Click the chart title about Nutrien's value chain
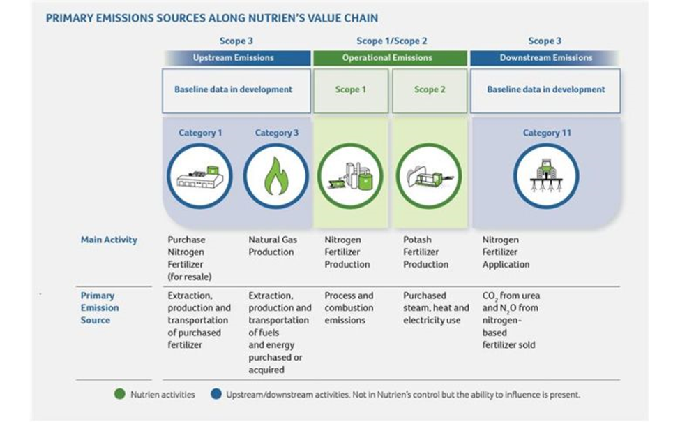coord(212,17)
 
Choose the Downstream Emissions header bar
coord(545,58)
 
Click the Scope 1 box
coord(350,90)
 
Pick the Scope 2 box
coord(429,90)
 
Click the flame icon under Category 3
coord(275,176)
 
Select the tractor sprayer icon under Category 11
coord(546,176)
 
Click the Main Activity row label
coord(109,240)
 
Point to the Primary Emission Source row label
coord(100,307)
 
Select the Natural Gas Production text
coord(273,246)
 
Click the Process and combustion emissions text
coord(349,307)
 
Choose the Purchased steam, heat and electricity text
coord(436,307)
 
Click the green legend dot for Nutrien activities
coord(120,394)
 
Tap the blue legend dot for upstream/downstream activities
coord(216,394)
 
